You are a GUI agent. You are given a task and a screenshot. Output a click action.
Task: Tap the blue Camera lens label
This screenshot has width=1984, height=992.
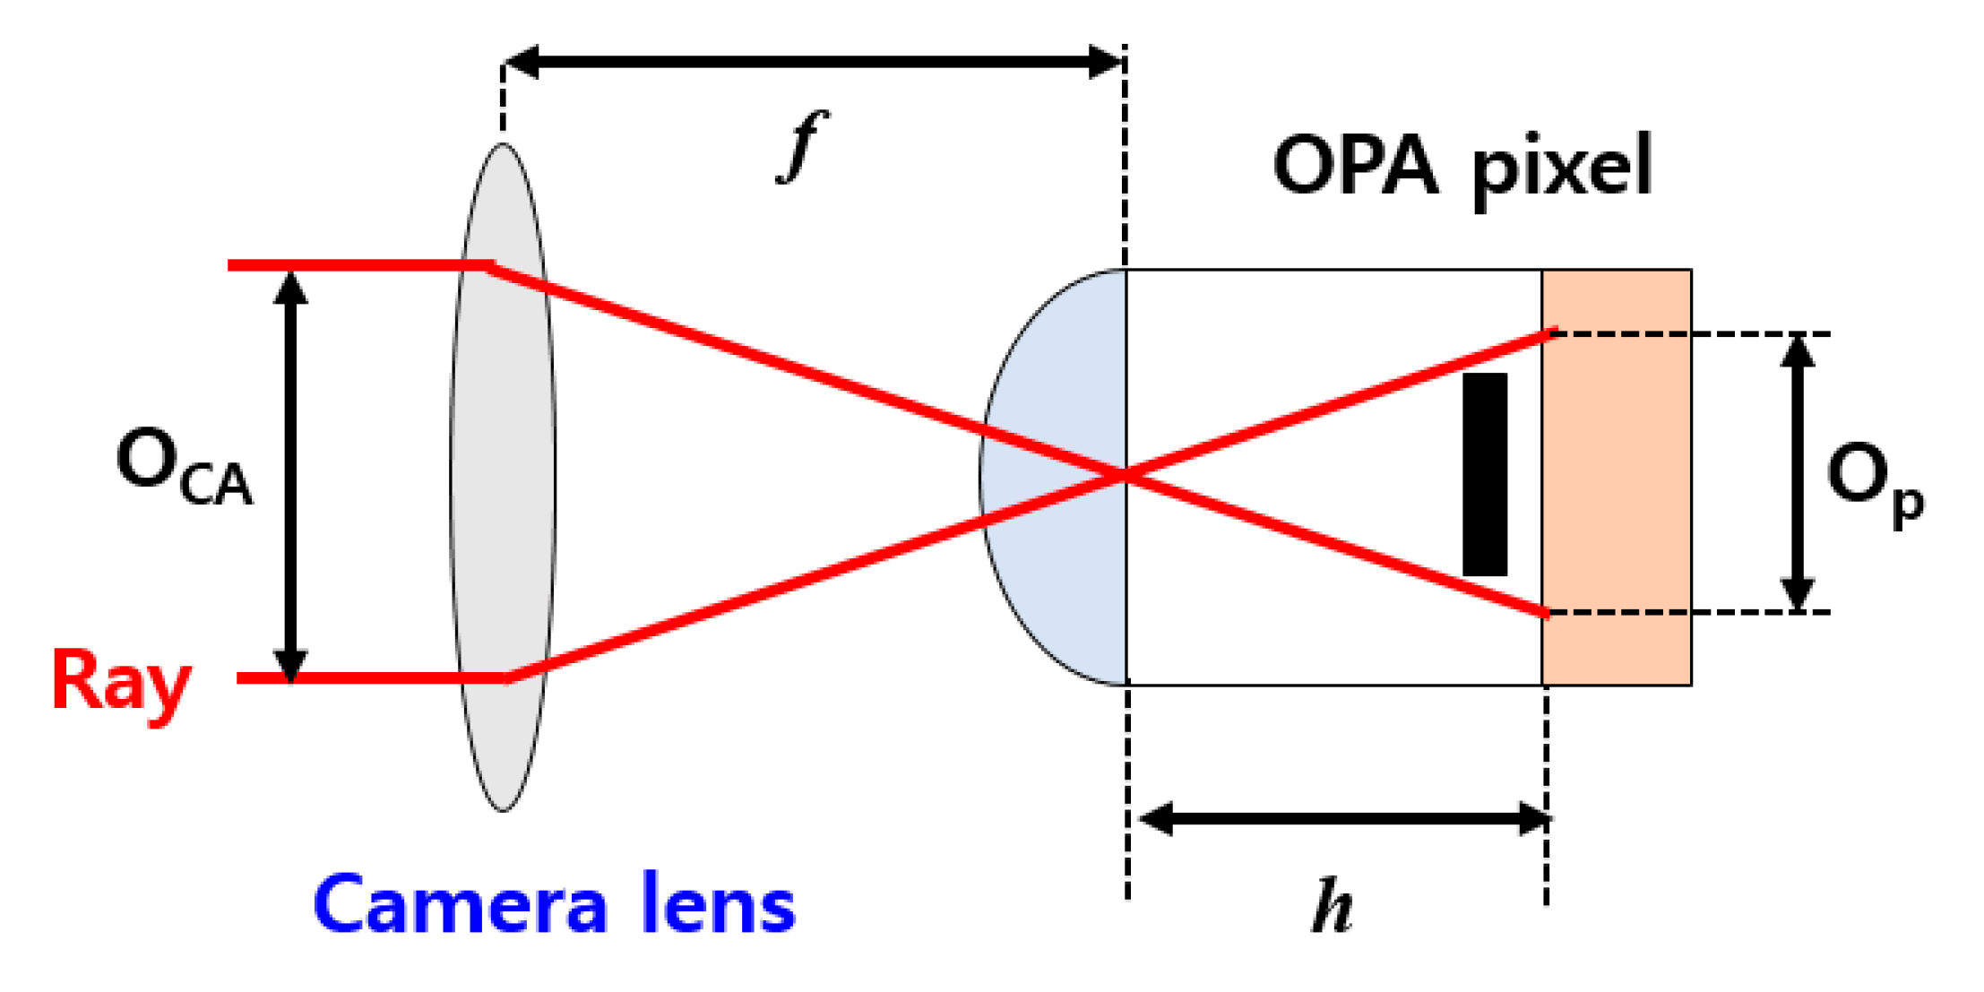554,905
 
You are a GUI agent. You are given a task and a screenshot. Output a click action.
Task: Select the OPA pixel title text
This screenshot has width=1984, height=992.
1462,168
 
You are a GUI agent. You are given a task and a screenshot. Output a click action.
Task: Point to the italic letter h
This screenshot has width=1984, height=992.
1332,906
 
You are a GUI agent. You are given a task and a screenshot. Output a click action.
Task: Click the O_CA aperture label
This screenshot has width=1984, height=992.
184,466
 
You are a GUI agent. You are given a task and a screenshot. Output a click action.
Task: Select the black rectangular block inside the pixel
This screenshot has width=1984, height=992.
1485,474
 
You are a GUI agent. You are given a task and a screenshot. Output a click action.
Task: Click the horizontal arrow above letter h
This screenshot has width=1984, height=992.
1344,818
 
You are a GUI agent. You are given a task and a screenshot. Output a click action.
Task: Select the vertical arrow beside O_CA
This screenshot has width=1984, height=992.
290,475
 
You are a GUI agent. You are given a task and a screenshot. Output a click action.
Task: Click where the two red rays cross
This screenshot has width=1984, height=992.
1126,475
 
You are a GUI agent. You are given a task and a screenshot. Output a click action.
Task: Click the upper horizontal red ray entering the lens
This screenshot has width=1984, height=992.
358,265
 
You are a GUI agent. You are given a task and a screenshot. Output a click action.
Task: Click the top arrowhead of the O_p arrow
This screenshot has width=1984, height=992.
1797,349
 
